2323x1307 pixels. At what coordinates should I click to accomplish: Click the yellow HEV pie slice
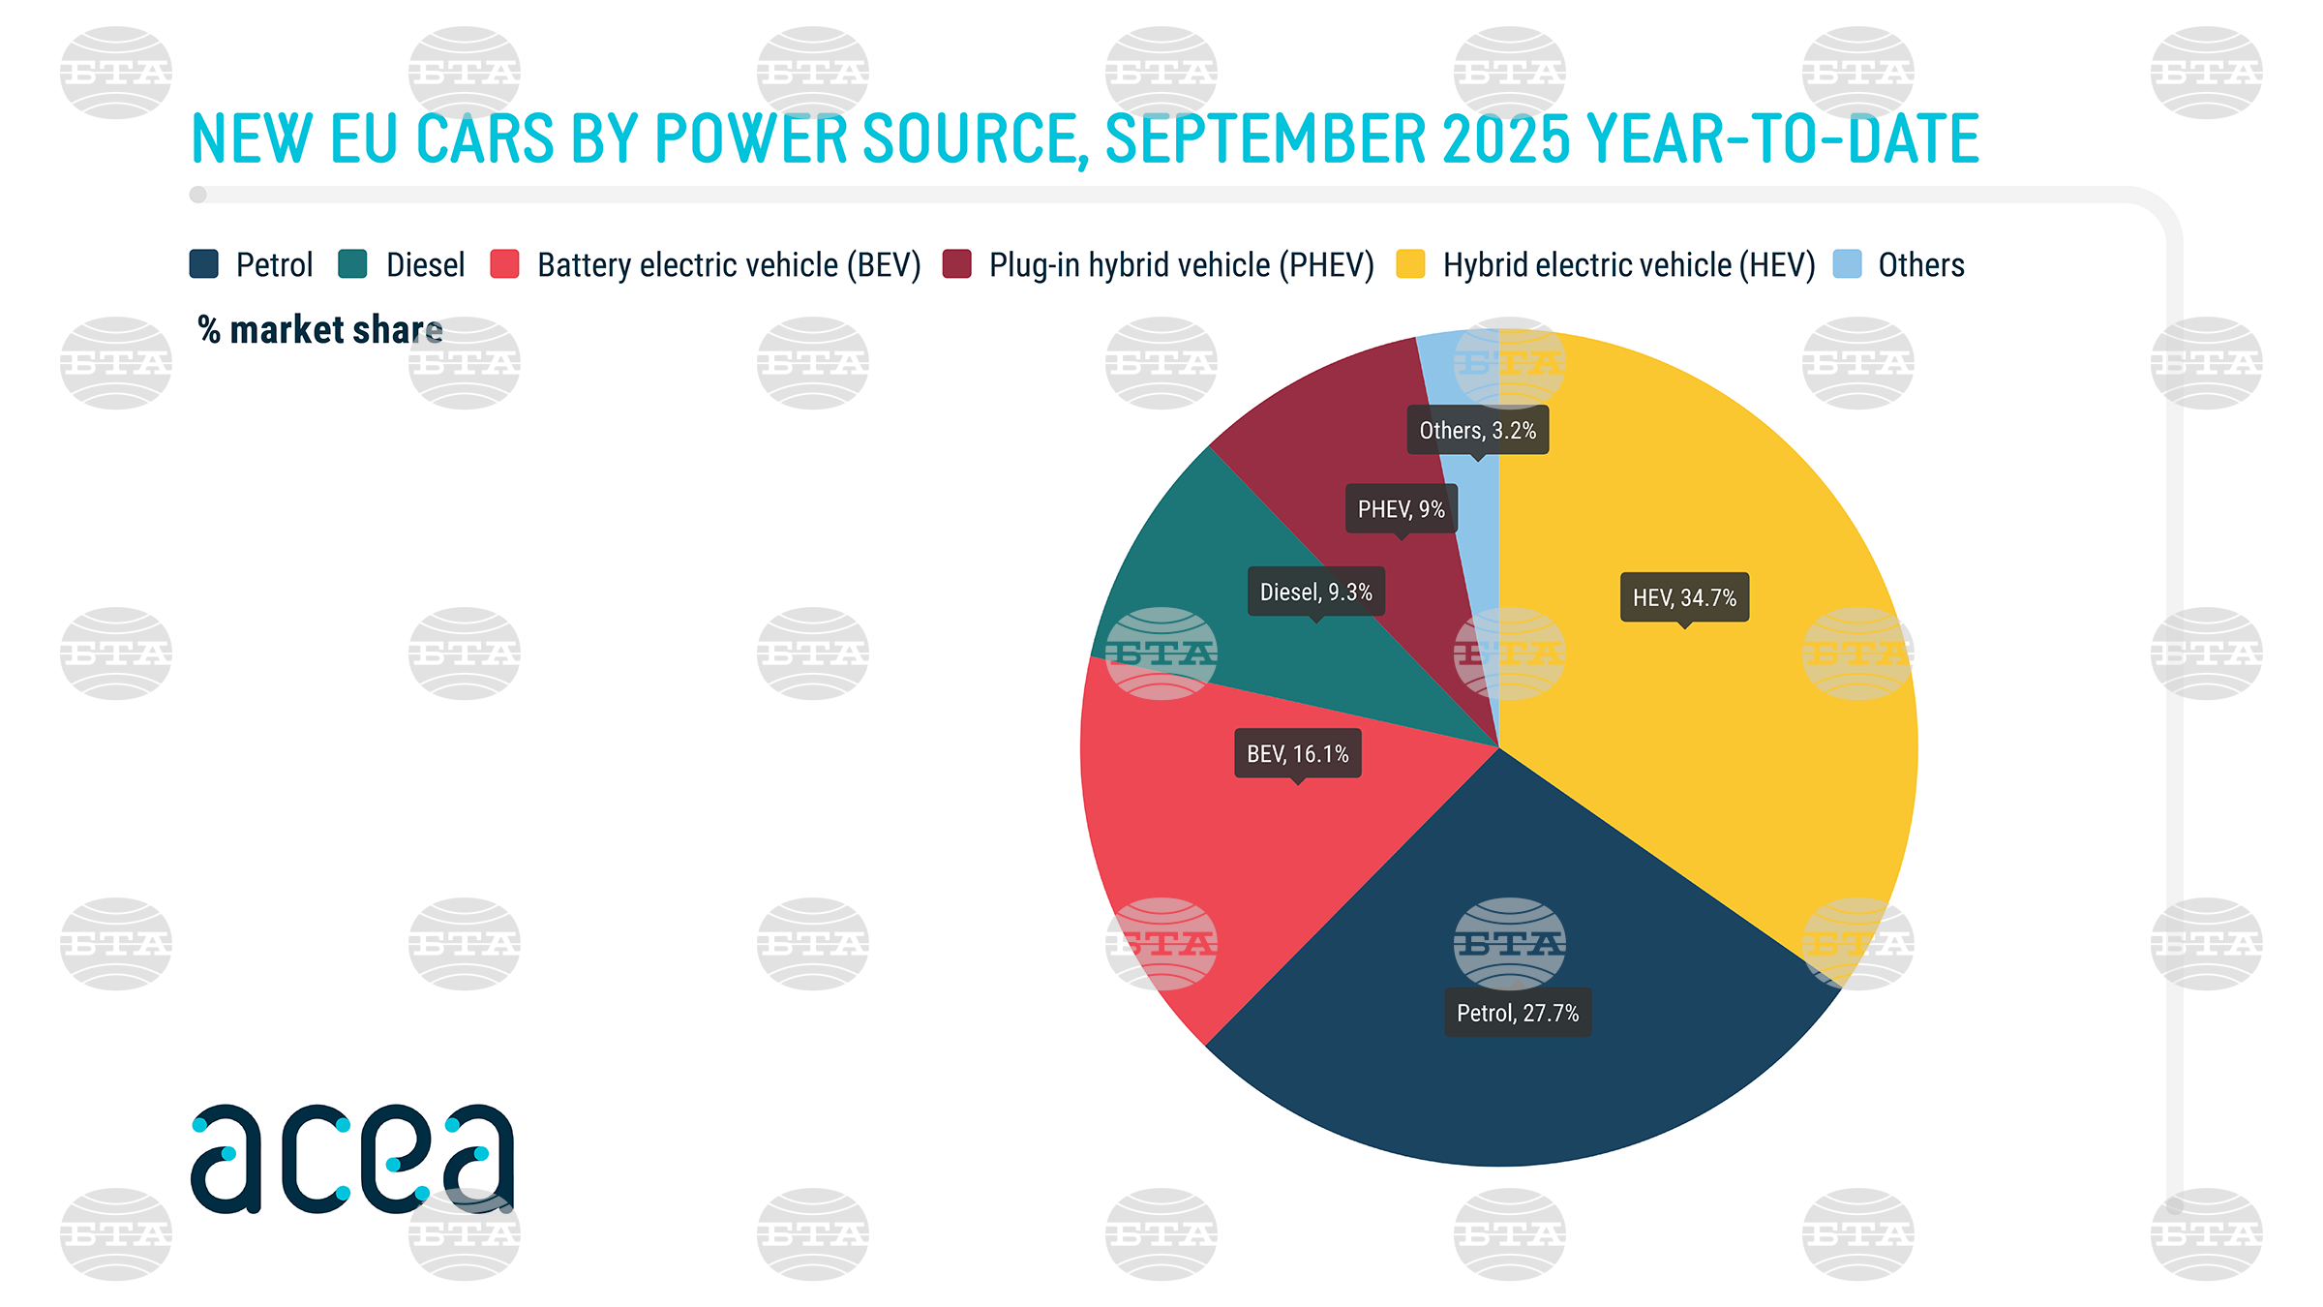point(1723,736)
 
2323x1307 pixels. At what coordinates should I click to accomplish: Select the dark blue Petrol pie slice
point(1510,1084)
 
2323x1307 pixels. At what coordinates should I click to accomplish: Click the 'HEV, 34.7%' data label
point(1684,597)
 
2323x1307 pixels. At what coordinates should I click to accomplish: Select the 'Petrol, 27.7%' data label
point(1517,1013)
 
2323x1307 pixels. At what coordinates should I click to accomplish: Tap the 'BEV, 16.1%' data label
point(1297,753)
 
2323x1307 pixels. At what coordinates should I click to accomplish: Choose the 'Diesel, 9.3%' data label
point(1315,592)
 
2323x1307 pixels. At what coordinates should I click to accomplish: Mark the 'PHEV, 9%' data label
point(1401,509)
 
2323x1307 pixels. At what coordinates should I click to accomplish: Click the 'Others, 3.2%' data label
point(1477,430)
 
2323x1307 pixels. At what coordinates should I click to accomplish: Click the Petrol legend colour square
point(204,264)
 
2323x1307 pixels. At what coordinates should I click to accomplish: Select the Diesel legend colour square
point(353,264)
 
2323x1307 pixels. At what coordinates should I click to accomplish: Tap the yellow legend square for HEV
point(1410,264)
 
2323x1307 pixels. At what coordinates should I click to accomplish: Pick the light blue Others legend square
point(1847,264)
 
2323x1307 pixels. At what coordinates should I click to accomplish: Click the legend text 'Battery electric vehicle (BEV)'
point(729,264)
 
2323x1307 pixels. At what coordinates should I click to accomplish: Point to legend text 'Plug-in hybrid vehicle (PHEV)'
point(1181,264)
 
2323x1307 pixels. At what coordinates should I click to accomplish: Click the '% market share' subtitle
point(320,330)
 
